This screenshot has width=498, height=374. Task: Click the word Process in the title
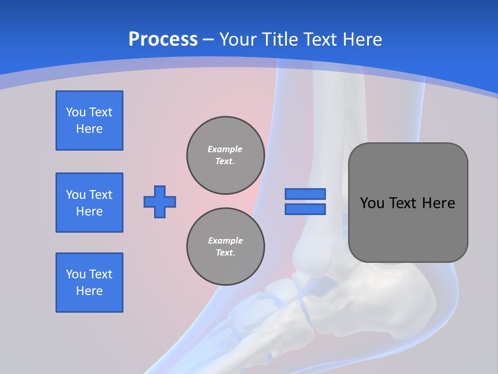tap(163, 39)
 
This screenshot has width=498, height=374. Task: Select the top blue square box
tap(89, 121)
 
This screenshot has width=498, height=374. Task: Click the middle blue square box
tap(89, 203)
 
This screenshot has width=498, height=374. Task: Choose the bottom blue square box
tap(89, 283)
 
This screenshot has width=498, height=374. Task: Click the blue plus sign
tap(160, 202)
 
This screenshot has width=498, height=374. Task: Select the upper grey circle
tap(226, 155)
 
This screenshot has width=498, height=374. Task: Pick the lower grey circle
tap(226, 247)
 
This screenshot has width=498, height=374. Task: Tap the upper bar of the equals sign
tap(305, 194)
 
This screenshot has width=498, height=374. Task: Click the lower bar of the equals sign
tap(305, 209)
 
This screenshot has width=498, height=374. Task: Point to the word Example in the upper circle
tap(225, 149)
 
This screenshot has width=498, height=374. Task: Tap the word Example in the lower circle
tap(225, 241)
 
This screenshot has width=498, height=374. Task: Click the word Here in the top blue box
tap(89, 129)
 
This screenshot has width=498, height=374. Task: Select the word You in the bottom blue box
tap(76, 274)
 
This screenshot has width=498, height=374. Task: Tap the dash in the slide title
tap(208, 40)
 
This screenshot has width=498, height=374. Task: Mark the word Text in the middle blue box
tap(101, 195)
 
